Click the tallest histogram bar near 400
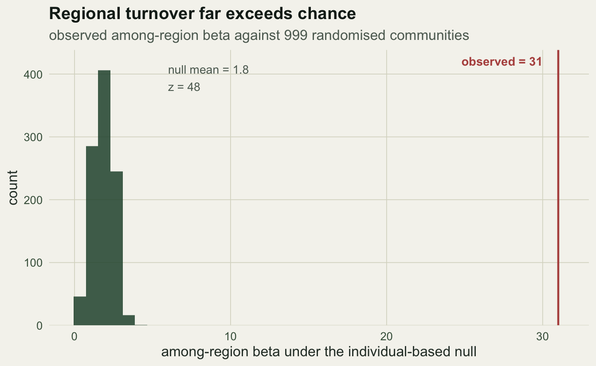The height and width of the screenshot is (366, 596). click(104, 198)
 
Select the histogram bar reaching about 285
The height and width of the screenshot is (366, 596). click(92, 236)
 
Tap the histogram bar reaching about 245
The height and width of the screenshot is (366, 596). click(117, 248)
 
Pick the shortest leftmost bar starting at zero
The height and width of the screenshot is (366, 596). click(80, 311)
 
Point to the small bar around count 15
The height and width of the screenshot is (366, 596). click(129, 320)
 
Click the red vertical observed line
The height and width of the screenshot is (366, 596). click(558, 188)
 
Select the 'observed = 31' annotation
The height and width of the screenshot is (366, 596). click(502, 62)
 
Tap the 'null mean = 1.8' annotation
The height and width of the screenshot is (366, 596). click(208, 70)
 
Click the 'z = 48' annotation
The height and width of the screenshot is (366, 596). click(184, 87)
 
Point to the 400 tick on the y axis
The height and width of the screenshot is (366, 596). click(33, 75)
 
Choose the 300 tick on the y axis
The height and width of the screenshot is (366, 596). click(33, 138)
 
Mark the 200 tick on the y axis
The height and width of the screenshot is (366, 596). click(33, 200)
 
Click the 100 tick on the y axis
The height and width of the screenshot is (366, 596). click(33, 263)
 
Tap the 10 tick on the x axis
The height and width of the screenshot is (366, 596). click(231, 337)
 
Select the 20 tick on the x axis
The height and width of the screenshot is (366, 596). click(386, 337)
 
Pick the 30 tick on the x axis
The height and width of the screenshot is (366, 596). click(542, 337)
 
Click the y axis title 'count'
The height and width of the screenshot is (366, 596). click(12, 188)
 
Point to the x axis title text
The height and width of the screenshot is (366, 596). click(319, 352)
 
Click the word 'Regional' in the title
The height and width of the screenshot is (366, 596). click(85, 14)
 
